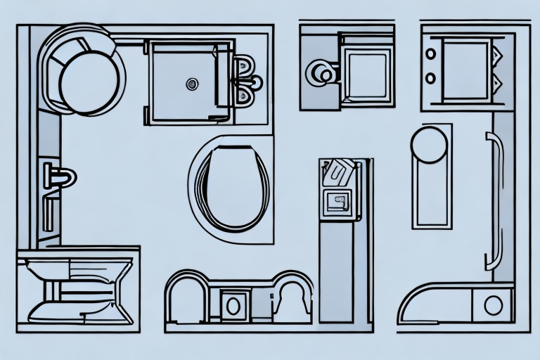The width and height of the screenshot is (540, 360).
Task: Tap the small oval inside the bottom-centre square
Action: pyautogui.click(x=233, y=304)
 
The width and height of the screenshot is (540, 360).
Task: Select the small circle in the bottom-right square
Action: pyautogui.click(x=494, y=304)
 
